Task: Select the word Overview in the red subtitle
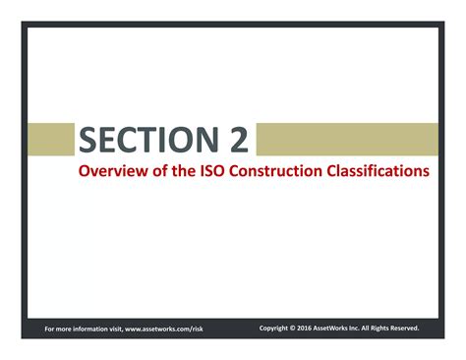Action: pos(112,170)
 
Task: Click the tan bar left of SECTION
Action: pos(49,140)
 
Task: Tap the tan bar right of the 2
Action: pos(346,140)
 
